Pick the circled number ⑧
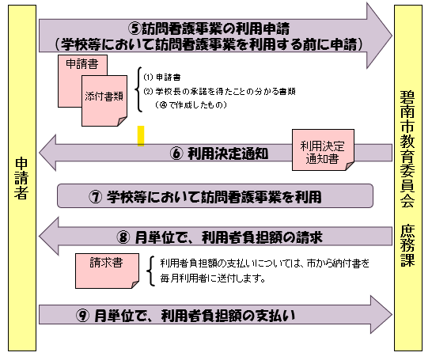[x=123, y=236]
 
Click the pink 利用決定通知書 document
[x=324, y=149]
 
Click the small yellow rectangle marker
[x=141, y=135]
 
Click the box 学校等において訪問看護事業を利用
[x=215, y=195]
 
